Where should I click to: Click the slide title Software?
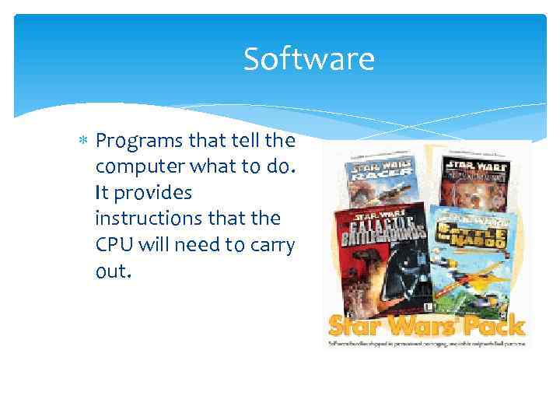[309, 59]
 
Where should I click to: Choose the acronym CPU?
[113, 244]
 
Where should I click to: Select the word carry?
[275, 244]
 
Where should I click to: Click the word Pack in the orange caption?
[499, 325]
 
